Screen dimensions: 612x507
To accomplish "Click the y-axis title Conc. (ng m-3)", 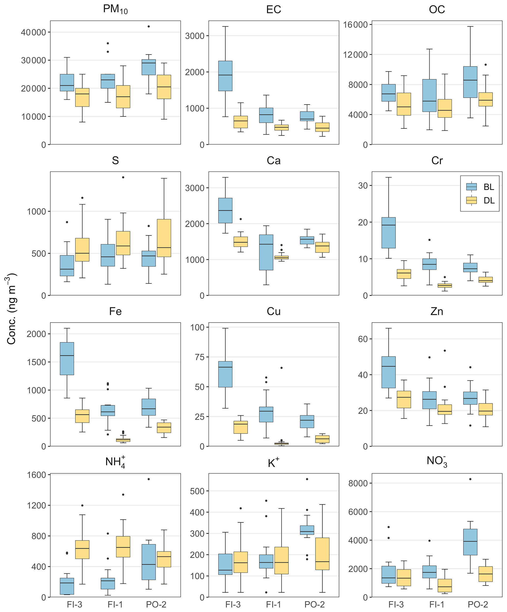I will (x=12, y=309).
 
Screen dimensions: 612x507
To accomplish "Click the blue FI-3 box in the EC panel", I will (x=225, y=76).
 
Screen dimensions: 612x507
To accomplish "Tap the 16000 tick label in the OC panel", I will (x=355, y=25).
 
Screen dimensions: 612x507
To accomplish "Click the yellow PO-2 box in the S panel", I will (x=164, y=238).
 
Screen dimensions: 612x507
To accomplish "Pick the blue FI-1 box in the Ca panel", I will (x=266, y=252).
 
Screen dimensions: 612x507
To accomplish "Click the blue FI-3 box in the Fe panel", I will (x=67, y=358).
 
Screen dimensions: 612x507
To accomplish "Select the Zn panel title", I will (x=437, y=311).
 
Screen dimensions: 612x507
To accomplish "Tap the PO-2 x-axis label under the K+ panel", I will (x=314, y=604).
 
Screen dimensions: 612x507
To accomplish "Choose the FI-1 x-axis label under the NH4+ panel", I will (x=115, y=604).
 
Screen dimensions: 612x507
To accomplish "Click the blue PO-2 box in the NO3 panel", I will (x=470, y=542).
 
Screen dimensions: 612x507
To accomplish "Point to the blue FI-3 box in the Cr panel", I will (x=389, y=232).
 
